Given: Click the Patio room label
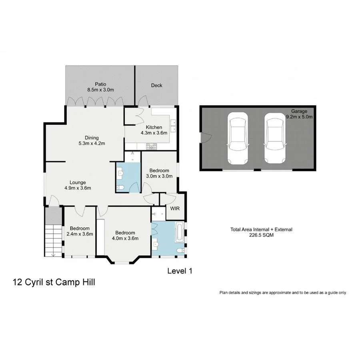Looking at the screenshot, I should pyautogui.click(x=100, y=84).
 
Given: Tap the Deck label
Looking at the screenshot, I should pyautogui.click(x=156, y=85).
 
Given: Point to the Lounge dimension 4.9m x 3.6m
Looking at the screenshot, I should pyautogui.click(x=78, y=188).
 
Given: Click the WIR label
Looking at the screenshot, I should pyautogui.click(x=175, y=208).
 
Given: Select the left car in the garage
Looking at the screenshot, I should pyautogui.click(x=237, y=138).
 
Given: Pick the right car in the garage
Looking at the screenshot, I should pyautogui.click(x=274, y=138).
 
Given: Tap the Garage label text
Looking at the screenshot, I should pyautogui.click(x=299, y=111).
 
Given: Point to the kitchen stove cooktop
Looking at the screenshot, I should pyautogui.click(x=152, y=146).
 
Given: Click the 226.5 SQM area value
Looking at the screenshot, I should pyautogui.click(x=261, y=235).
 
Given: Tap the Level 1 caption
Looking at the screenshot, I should pyautogui.click(x=180, y=271).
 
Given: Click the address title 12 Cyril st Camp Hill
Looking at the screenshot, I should pyautogui.click(x=54, y=282).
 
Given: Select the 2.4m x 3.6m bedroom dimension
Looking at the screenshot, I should pyautogui.click(x=80, y=234).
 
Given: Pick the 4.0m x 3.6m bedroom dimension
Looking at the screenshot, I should pyautogui.click(x=125, y=238).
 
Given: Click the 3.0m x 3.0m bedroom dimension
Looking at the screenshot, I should pyautogui.click(x=159, y=176).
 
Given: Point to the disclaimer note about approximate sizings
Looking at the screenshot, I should pyautogui.click(x=283, y=292).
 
